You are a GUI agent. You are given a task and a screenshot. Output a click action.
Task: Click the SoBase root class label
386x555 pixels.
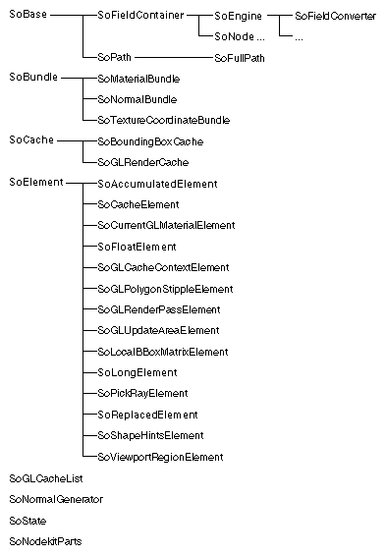point(27,17)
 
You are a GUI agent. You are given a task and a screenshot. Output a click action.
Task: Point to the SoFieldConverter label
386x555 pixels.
point(335,17)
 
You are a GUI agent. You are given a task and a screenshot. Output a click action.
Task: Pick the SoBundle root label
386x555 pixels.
point(31,77)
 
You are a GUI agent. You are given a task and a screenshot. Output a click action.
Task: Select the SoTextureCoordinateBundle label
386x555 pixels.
point(163,120)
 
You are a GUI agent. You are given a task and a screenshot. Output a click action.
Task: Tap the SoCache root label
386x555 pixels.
point(30,140)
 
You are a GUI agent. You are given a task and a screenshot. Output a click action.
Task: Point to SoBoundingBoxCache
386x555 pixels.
point(150,141)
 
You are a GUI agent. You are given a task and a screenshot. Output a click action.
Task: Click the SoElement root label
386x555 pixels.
point(35,183)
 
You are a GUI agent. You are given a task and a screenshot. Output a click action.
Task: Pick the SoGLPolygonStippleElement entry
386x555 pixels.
point(164,289)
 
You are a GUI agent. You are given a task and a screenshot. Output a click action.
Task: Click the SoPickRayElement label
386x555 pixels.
point(142,394)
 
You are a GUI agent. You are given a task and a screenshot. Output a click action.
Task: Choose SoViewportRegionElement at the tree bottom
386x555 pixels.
point(160,457)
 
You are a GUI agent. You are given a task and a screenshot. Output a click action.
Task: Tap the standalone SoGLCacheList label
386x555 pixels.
point(45,478)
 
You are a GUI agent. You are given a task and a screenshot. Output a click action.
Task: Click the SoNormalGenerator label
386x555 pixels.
point(55,499)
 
